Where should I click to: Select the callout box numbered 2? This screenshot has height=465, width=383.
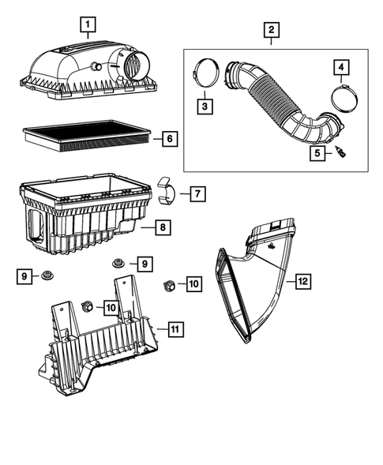[271, 32]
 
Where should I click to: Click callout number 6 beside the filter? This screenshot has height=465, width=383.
[169, 140]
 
